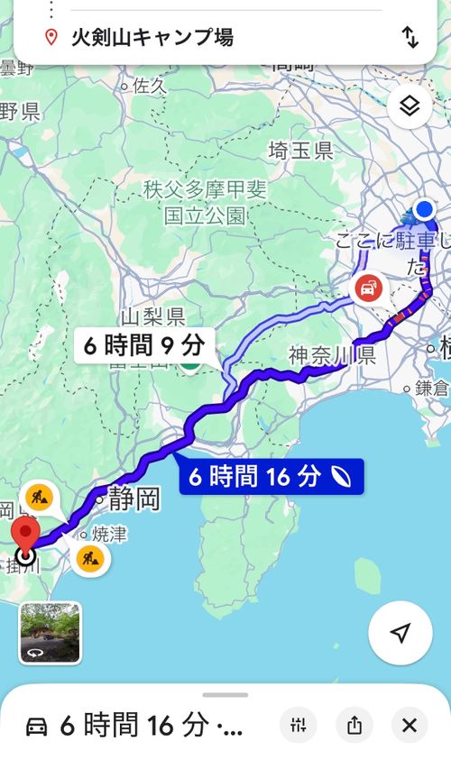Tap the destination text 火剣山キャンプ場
[x=152, y=37]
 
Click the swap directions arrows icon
[x=410, y=37]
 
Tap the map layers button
[x=410, y=107]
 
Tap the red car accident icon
[x=368, y=289]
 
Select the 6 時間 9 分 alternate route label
[x=144, y=344]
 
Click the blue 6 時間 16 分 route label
[x=271, y=476]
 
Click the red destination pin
[x=25, y=536]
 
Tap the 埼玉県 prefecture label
[x=302, y=151]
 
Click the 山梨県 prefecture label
[x=152, y=316]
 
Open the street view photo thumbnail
[x=50, y=632]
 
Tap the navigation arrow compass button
[x=400, y=632]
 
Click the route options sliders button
[x=299, y=724]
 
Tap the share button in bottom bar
[x=354, y=724]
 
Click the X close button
[x=410, y=724]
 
